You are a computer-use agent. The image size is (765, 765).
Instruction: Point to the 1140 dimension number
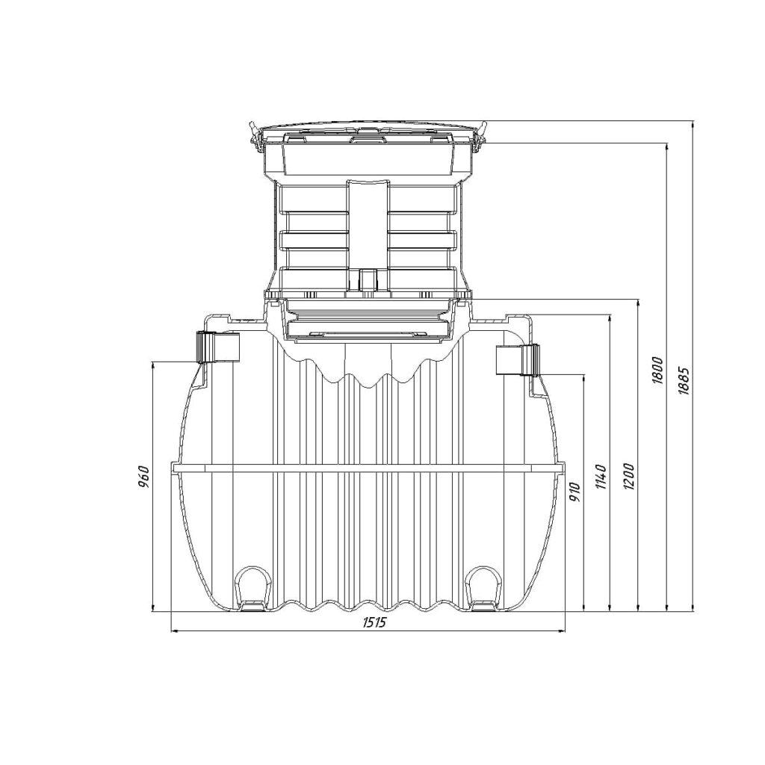tap(601, 477)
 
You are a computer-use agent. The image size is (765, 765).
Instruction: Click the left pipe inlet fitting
tap(217, 347)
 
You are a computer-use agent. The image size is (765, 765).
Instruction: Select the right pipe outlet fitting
tap(518, 360)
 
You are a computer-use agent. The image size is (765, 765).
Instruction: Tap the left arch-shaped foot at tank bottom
tap(254, 588)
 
